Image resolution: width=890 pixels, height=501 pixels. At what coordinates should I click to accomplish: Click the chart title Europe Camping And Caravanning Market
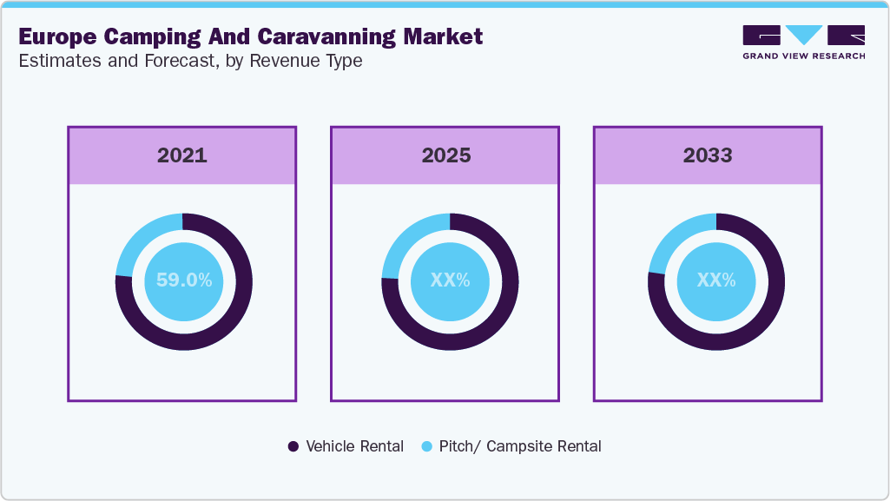[250, 37]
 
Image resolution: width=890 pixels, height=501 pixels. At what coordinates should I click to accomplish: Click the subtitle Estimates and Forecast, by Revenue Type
[190, 61]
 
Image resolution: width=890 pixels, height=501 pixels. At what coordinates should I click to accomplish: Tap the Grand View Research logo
[803, 42]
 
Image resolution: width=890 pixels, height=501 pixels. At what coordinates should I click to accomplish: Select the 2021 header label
[182, 155]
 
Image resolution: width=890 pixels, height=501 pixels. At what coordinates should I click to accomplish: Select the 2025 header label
[445, 155]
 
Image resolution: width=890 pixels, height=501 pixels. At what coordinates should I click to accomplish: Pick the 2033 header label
[708, 155]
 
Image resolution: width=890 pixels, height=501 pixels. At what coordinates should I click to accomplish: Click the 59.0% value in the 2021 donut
[183, 280]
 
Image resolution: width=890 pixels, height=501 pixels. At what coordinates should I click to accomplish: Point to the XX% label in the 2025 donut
[450, 280]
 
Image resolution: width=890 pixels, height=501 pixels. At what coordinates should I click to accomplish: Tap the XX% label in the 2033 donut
[716, 280]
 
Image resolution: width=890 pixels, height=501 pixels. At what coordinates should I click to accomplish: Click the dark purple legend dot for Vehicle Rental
[293, 446]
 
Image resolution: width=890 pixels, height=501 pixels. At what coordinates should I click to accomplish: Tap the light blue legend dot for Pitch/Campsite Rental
[426, 446]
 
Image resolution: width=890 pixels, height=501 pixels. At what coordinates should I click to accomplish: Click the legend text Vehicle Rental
[354, 446]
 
